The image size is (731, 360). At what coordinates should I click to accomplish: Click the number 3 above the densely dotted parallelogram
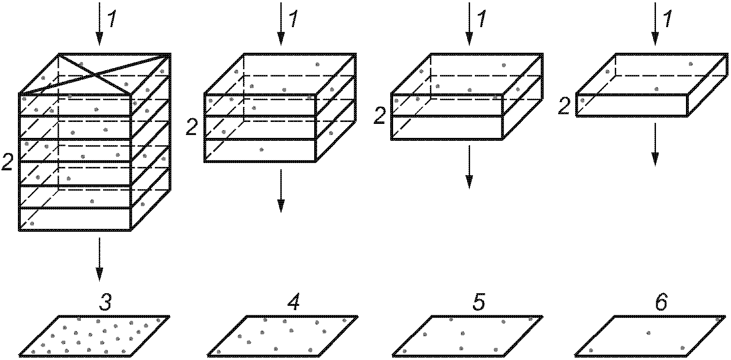(x=106, y=303)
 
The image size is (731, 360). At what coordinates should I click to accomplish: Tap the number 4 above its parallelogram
(x=293, y=303)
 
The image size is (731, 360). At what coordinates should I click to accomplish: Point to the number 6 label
(x=661, y=303)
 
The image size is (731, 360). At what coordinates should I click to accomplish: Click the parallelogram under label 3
(x=95, y=336)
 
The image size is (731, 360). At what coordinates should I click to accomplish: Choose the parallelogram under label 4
(x=283, y=336)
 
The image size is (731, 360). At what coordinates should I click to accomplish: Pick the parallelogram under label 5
(x=467, y=336)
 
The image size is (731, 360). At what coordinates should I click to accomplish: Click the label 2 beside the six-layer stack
(x=7, y=164)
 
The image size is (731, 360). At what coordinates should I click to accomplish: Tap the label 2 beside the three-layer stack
(x=192, y=128)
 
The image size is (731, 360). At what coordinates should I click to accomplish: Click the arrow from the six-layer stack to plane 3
(x=99, y=259)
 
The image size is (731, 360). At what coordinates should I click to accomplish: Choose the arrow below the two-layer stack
(x=469, y=167)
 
